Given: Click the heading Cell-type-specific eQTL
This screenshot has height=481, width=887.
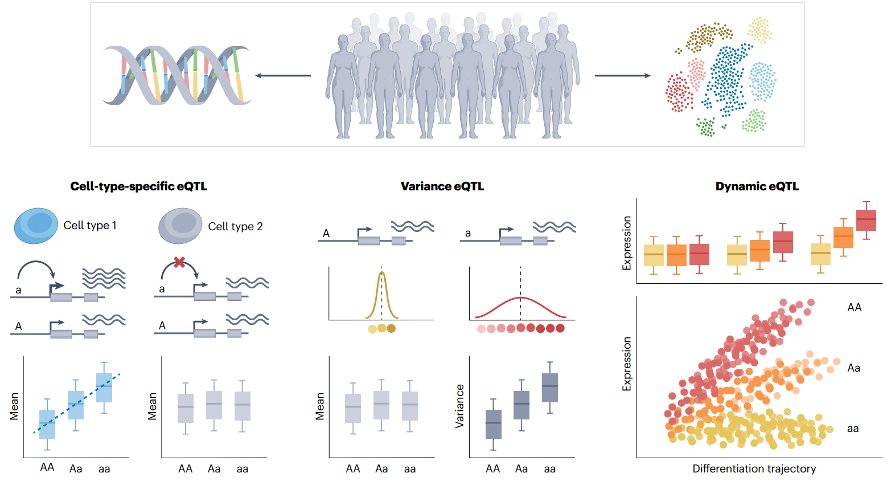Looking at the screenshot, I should pos(138,186).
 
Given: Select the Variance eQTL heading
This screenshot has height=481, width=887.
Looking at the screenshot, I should pos(442,186).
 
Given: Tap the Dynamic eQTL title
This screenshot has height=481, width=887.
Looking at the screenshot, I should pos(757,186).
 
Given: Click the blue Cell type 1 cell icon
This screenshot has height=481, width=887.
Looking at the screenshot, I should pos(36,226).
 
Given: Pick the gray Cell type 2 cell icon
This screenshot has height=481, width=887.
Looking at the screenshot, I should pos(180,226).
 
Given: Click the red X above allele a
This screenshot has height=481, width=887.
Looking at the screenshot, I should pos(179,262).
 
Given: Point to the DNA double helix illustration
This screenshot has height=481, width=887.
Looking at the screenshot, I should pos(176,75).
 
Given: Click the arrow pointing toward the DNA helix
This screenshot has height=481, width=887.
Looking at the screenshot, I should pos(283,75).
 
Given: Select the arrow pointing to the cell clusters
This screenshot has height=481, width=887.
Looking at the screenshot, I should pos(622,75).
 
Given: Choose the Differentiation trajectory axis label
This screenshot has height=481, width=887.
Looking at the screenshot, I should pos(754,468).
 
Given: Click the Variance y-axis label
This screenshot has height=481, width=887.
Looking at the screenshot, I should pos(459,406).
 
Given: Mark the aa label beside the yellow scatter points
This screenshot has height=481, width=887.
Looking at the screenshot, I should pos(852,429).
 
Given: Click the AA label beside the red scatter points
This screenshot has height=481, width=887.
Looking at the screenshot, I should pos(854,308).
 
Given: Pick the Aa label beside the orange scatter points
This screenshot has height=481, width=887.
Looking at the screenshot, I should pos(853,368).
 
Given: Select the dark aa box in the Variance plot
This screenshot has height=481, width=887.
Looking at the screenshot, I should pos(549,388).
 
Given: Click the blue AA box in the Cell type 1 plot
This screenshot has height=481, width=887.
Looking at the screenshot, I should pos(47,424).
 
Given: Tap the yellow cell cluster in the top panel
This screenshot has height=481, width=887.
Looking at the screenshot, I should pos(759,30).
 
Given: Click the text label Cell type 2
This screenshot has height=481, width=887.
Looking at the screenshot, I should pos(235,226).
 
